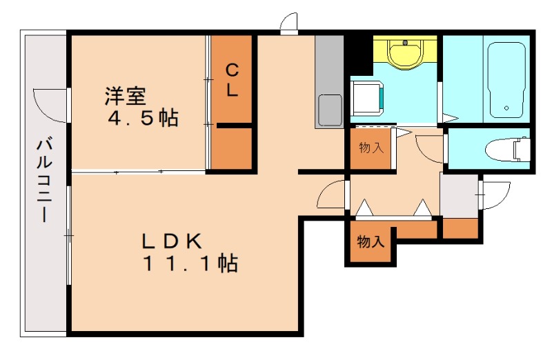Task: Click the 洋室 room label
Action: click(x=125, y=94)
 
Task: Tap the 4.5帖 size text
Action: click(x=143, y=119)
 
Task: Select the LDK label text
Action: click(x=172, y=241)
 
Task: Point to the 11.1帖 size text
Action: click(x=190, y=263)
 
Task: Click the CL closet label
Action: click(x=231, y=79)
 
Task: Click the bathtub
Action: click(x=508, y=80)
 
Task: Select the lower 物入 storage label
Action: click(x=371, y=241)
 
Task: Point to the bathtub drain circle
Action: click(x=507, y=108)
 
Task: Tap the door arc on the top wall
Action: click(x=288, y=22)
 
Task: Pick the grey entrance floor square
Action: click(x=459, y=196)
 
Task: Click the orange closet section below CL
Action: click(x=231, y=147)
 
